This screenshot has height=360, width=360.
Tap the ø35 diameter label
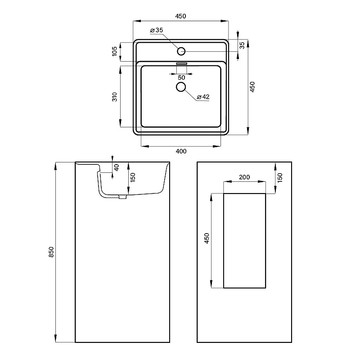pyautogui.click(x=156, y=30)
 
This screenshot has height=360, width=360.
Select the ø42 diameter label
pyautogui.click(x=203, y=97)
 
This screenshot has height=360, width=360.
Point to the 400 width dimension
pyautogui.click(x=181, y=151)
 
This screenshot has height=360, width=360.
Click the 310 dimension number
pyautogui.click(x=115, y=97)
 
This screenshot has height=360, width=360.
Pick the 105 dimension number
pyautogui.click(x=115, y=51)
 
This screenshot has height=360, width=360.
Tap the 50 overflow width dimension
pyautogui.click(x=181, y=77)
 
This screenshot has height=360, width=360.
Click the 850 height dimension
pyautogui.click(x=51, y=252)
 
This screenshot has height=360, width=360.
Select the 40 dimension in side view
pyautogui.click(x=117, y=167)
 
